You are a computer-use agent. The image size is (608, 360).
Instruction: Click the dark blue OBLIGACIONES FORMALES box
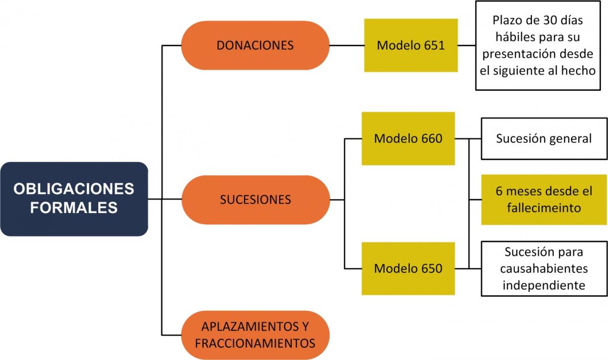coord(74,199)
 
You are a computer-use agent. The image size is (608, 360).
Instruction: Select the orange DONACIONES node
coord(255,45)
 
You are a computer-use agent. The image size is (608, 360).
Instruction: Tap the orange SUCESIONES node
coord(255,199)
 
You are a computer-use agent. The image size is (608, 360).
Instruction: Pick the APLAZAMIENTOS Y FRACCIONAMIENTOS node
coord(255,335)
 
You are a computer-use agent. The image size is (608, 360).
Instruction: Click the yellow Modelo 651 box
coord(410,45)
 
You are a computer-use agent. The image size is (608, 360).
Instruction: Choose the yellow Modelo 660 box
coord(408,138)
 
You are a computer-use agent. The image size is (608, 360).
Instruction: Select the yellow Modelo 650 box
coord(408,268)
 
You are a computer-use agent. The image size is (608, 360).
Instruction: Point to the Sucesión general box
coord(544,138)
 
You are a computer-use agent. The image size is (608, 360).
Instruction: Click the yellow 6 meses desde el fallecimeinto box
coord(544,199)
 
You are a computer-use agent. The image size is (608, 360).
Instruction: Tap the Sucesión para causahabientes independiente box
coord(544,268)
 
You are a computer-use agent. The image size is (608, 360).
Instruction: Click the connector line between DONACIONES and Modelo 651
coord(347,45)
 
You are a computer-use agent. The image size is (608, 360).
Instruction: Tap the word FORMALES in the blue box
coord(74,208)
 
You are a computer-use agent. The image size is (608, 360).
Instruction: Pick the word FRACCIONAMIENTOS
coord(255,343)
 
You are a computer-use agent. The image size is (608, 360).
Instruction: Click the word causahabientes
coord(544,268)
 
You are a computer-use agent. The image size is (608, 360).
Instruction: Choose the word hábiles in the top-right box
coord(515,38)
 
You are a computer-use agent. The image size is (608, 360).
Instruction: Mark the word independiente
coord(544,284)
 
